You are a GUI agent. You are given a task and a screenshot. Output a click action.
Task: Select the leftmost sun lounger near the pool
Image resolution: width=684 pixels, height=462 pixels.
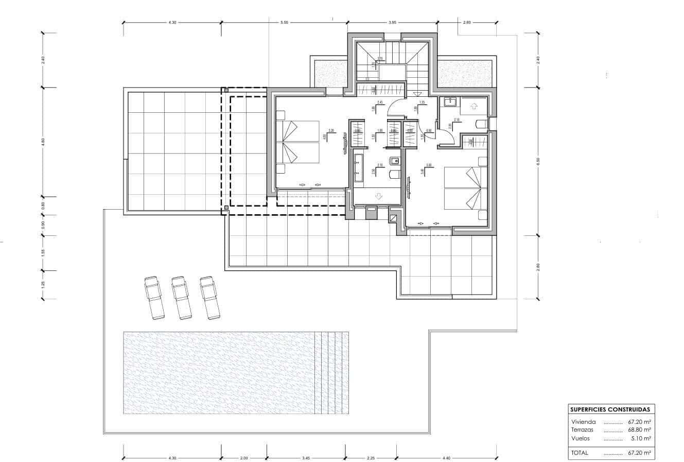[x=154, y=297]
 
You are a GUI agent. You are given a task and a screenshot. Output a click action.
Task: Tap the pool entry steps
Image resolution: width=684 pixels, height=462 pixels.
[x=331, y=373]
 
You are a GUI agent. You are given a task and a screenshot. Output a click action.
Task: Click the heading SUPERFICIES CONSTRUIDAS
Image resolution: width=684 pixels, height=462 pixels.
[x=609, y=409]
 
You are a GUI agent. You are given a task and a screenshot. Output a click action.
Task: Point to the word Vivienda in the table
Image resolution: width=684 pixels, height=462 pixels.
[x=583, y=422]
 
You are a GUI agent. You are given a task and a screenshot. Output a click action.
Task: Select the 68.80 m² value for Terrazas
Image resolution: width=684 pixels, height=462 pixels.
[x=640, y=430]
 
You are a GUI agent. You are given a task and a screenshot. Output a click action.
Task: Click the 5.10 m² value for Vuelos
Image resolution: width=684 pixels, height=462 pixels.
[x=641, y=438]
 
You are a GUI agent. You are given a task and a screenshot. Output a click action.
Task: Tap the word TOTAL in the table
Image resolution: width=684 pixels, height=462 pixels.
[x=580, y=453]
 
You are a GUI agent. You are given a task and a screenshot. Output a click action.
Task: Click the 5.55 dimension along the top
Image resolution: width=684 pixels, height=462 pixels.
[x=284, y=23]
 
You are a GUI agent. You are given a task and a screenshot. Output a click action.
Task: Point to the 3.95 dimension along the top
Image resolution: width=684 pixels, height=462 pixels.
[x=393, y=23]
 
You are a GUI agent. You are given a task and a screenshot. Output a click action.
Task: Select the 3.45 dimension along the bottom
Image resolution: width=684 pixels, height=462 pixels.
[x=306, y=458]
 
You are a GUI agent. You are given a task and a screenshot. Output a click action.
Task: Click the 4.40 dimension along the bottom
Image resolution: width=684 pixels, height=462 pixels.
[x=446, y=458]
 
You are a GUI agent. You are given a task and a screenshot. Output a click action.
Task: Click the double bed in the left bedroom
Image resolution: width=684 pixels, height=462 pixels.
[x=298, y=142]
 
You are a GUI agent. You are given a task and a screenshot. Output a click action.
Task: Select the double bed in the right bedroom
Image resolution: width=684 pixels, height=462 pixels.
[x=466, y=188]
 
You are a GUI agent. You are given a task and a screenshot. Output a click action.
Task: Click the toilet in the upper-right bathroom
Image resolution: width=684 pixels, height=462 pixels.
[x=481, y=124]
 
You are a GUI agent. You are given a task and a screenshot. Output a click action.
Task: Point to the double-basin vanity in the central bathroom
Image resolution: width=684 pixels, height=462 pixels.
[x=358, y=168]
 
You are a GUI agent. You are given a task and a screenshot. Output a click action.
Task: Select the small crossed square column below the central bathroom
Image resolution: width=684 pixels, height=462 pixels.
[x=394, y=218]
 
